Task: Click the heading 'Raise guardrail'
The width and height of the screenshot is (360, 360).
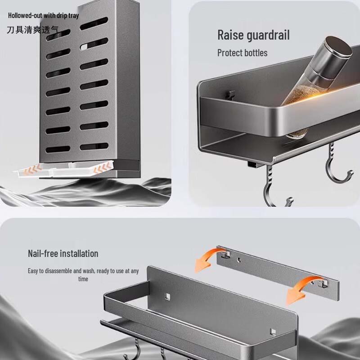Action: (253, 35)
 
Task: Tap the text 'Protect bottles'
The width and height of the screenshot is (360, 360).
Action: (242, 53)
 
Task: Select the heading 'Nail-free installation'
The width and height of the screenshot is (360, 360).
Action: (63, 253)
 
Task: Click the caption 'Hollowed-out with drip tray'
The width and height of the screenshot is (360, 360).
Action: (43, 15)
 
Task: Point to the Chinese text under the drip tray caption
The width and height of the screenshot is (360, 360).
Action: (32, 30)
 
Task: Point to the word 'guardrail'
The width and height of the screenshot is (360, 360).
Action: (268, 35)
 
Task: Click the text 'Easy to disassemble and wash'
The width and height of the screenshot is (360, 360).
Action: (67, 271)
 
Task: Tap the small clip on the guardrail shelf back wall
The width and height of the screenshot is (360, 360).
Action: (230, 94)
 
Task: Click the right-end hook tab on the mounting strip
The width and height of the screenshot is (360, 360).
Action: (320, 284)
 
